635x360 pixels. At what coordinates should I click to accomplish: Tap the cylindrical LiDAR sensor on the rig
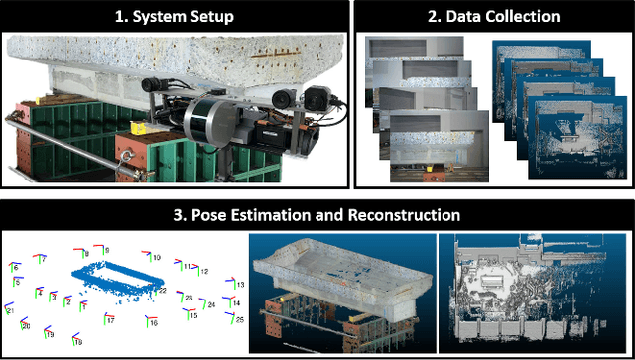tap(205, 117)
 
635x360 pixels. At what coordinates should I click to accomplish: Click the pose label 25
tap(238, 319)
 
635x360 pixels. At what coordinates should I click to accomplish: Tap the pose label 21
tap(9, 310)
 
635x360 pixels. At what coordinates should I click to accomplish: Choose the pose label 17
tap(111, 320)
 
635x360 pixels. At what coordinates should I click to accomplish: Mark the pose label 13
tap(238, 285)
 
